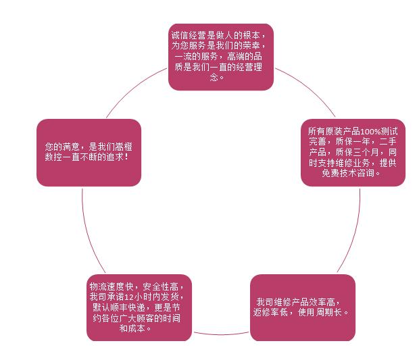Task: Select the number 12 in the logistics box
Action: click(x=129, y=297)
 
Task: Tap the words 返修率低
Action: click(x=270, y=312)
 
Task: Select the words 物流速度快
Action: click(x=112, y=286)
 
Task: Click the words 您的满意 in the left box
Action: click(x=62, y=147)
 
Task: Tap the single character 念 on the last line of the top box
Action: click(x=214, y=77)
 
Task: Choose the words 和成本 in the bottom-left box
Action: click(x=132, y=328)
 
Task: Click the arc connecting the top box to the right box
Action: click(x=309, y=88)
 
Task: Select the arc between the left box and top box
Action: click(x=134, y=89)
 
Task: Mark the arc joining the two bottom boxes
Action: click(x=221, y=334)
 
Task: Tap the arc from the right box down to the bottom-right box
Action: click(x=354, y=232)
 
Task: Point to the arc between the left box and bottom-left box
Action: click(x=88, y=232)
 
